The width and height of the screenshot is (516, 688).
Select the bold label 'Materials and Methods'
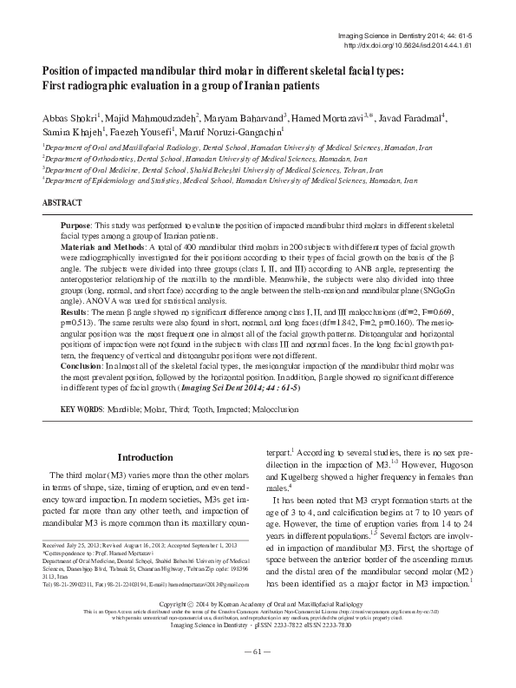coord(104,247)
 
